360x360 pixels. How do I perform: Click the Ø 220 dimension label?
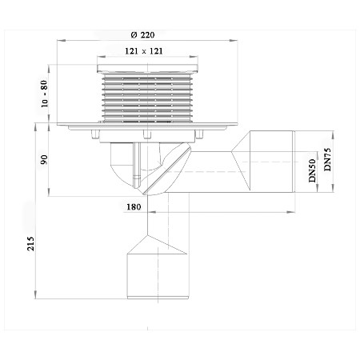click(x=142, y=35)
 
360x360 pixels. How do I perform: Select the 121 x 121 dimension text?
click(x=144, y=51)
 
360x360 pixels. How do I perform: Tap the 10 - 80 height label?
click(x=44, y=94)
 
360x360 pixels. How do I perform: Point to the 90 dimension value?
click(x=44, y=159)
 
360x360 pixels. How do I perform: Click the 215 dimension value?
click(x=31, y=243)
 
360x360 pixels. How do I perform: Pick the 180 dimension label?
click(x=134, y=206)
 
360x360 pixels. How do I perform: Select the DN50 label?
click(x=312, y=170)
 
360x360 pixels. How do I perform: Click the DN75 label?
click(x=327, y=159)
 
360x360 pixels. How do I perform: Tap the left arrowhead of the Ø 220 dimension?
click(x=61, y=41)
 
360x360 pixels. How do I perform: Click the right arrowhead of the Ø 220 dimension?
click(x=234, y=41)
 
